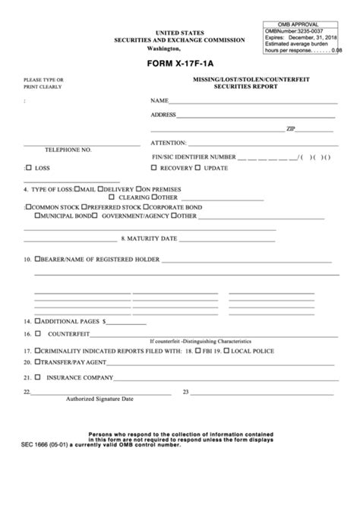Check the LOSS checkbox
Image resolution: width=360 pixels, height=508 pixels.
click(x=29, y=167)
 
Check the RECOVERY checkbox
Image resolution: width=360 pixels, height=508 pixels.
click(x=155, y=167)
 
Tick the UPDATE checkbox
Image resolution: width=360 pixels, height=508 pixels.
click(x=199, y=167)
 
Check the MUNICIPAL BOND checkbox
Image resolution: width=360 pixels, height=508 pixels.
click(x=29, y=215)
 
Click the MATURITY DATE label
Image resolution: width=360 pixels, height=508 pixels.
click(x=152, y=238)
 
